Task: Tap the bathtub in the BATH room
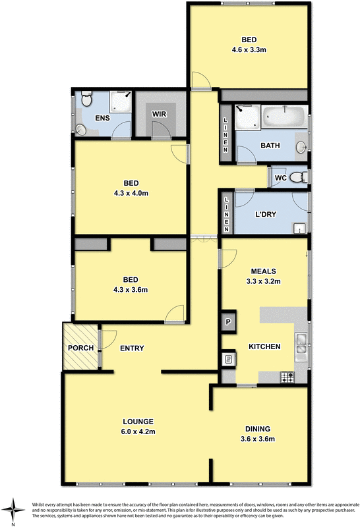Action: coord(284,119)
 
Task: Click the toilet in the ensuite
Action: coord(85,99)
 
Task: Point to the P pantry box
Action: coord(228,321)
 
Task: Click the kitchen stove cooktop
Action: coord(287,377)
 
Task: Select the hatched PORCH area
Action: coord(79,347)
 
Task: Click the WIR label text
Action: coord(159,114)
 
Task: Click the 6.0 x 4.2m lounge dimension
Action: coord(137,431)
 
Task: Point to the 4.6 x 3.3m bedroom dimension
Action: coord(249,49)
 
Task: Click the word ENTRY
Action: coord(132,348)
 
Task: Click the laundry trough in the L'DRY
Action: coord(300,229)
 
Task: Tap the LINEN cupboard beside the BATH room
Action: coord(226,135)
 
